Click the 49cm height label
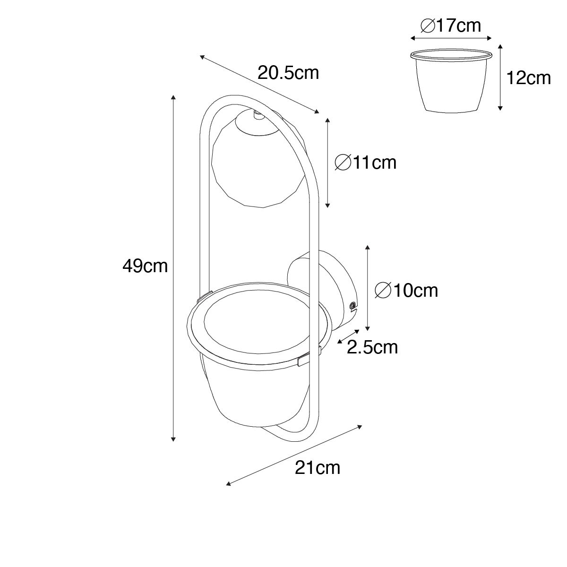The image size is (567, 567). click(x=145, y=266)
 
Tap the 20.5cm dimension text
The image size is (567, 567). click(x=288, y=73)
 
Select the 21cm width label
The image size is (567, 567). click(x=318, y=467)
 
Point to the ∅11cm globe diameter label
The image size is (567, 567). click(x=366, y=163)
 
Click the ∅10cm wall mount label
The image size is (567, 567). click(x=406, y=291)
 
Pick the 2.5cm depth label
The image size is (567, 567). click(x=372, y=347)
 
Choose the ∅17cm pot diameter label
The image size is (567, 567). click(x=451, y=26)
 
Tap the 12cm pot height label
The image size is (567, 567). click(x=528, y=78)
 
